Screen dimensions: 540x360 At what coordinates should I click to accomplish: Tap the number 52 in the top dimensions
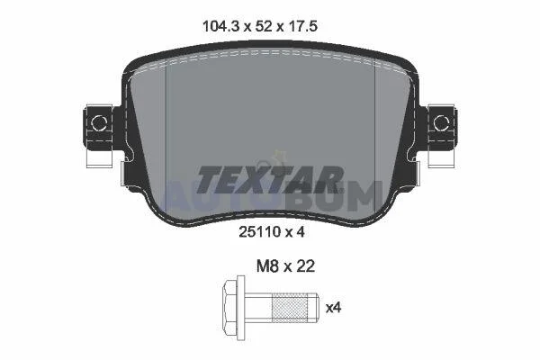[x=265, y=26]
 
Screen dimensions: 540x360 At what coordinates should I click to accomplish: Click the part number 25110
[x=260, y=232]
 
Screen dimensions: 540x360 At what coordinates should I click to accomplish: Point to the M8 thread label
[x=267, y=266]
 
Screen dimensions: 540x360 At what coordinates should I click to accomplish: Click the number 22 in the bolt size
[x=304, y=266]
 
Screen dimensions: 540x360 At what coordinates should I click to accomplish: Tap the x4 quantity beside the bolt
[x=333, y=308]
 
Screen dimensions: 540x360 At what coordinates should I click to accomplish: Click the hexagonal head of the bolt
[x=230, y=307]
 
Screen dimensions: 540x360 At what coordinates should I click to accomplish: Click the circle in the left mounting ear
[x=98, y=123]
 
